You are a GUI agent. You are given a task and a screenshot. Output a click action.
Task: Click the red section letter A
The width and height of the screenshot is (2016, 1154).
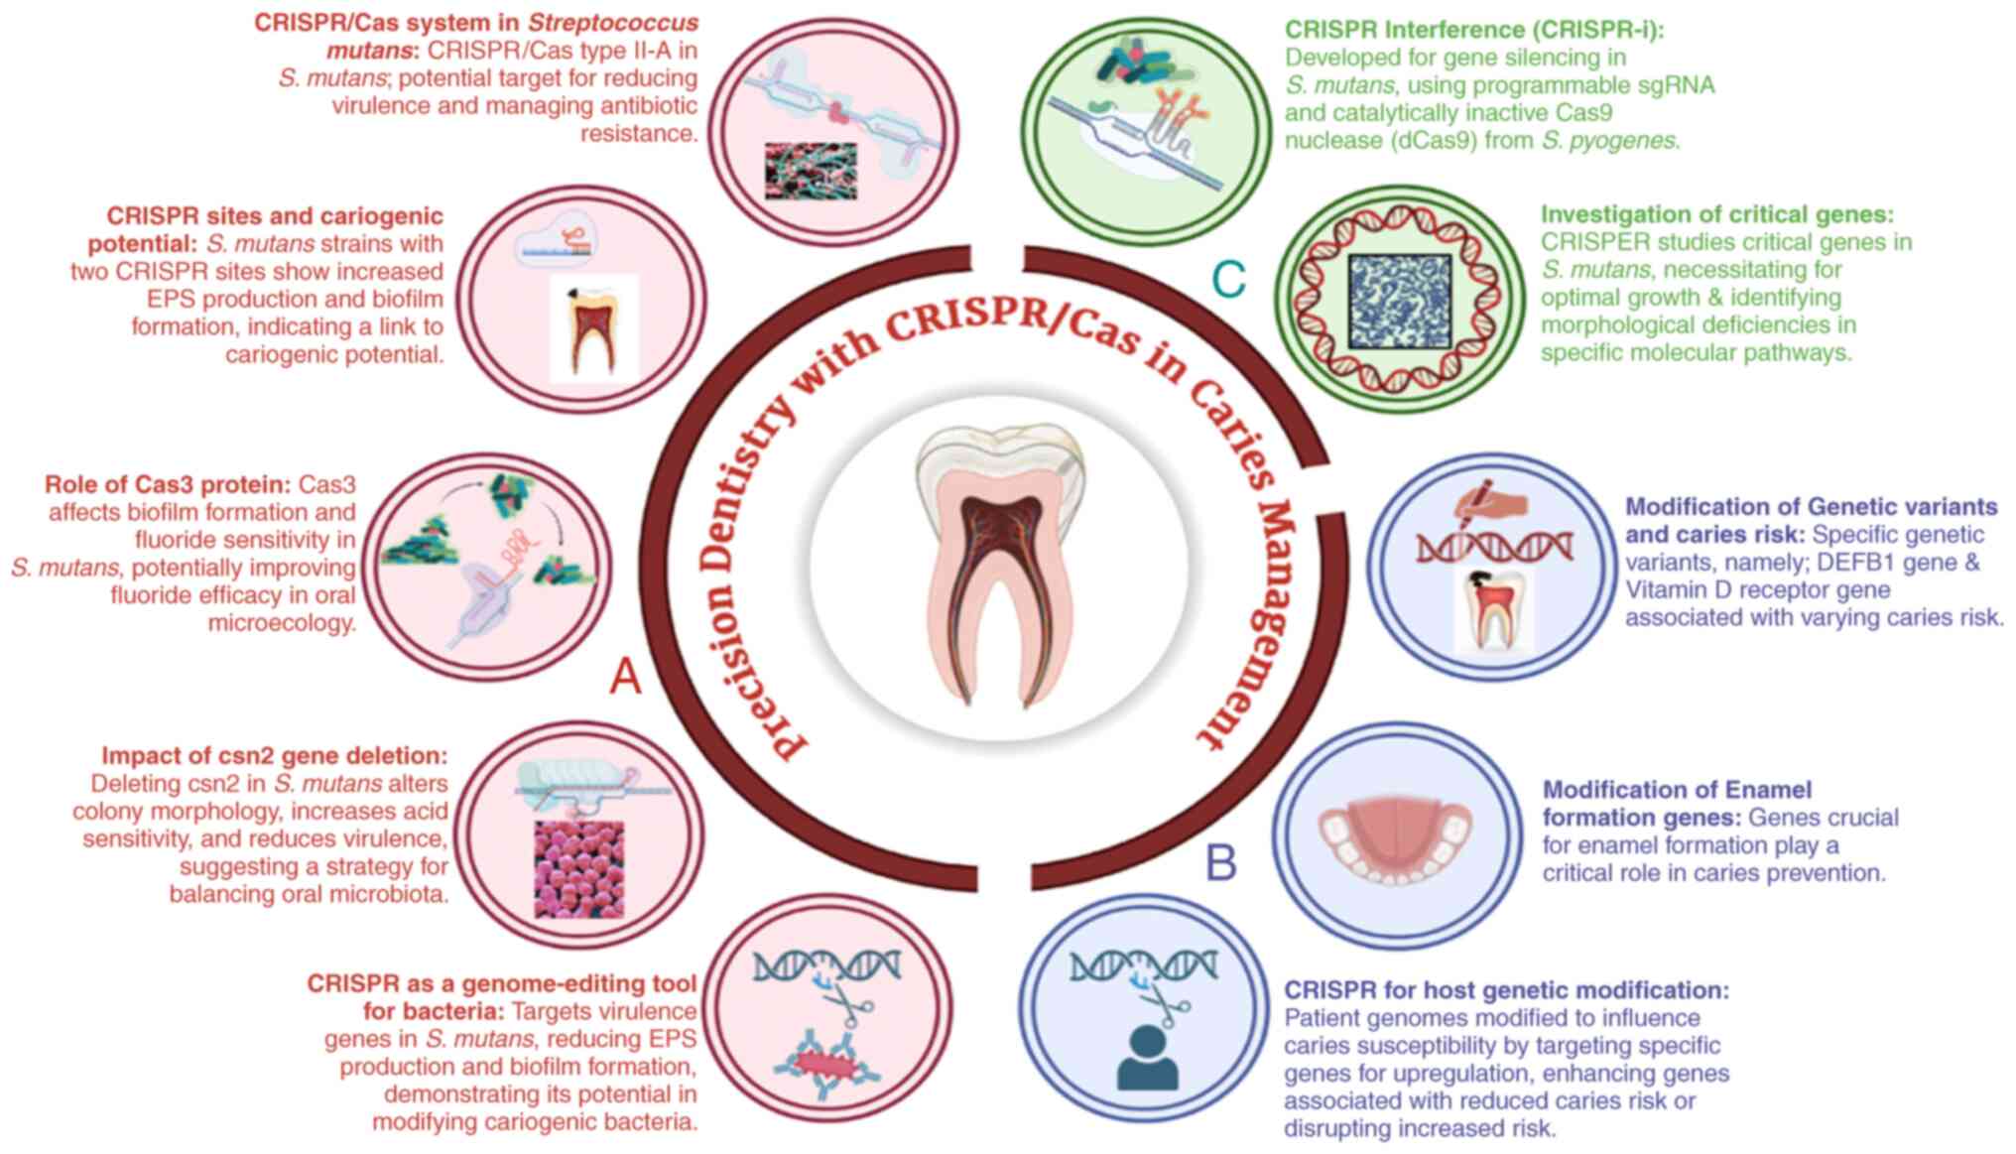[x=625, y=678]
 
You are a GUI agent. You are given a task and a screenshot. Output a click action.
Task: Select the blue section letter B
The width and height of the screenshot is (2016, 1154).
[x=1220, y=863]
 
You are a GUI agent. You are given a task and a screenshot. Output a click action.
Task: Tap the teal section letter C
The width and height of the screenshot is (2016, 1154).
[x=1228, y=280]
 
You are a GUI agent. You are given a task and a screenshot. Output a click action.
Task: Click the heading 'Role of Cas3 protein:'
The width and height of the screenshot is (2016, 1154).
[x=167, y=485]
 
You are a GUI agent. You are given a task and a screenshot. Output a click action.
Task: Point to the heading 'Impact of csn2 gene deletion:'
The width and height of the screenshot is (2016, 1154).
[x=275, y=756]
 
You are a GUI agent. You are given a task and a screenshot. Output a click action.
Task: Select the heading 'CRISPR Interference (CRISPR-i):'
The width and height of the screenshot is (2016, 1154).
[x=1474, y=30]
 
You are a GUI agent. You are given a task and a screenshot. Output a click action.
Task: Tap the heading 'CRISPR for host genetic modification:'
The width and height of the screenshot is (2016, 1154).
[x=1506, y=990]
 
